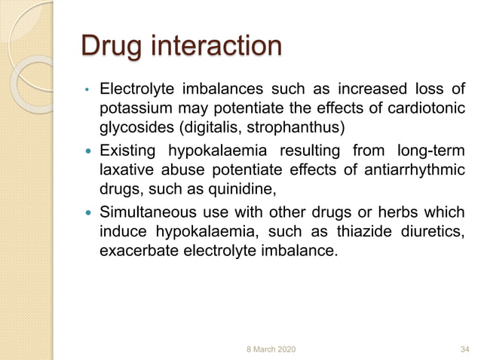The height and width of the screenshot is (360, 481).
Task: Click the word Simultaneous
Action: [x=146, y=212]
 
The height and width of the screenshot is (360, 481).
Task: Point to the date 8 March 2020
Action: [x=271, y=349]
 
